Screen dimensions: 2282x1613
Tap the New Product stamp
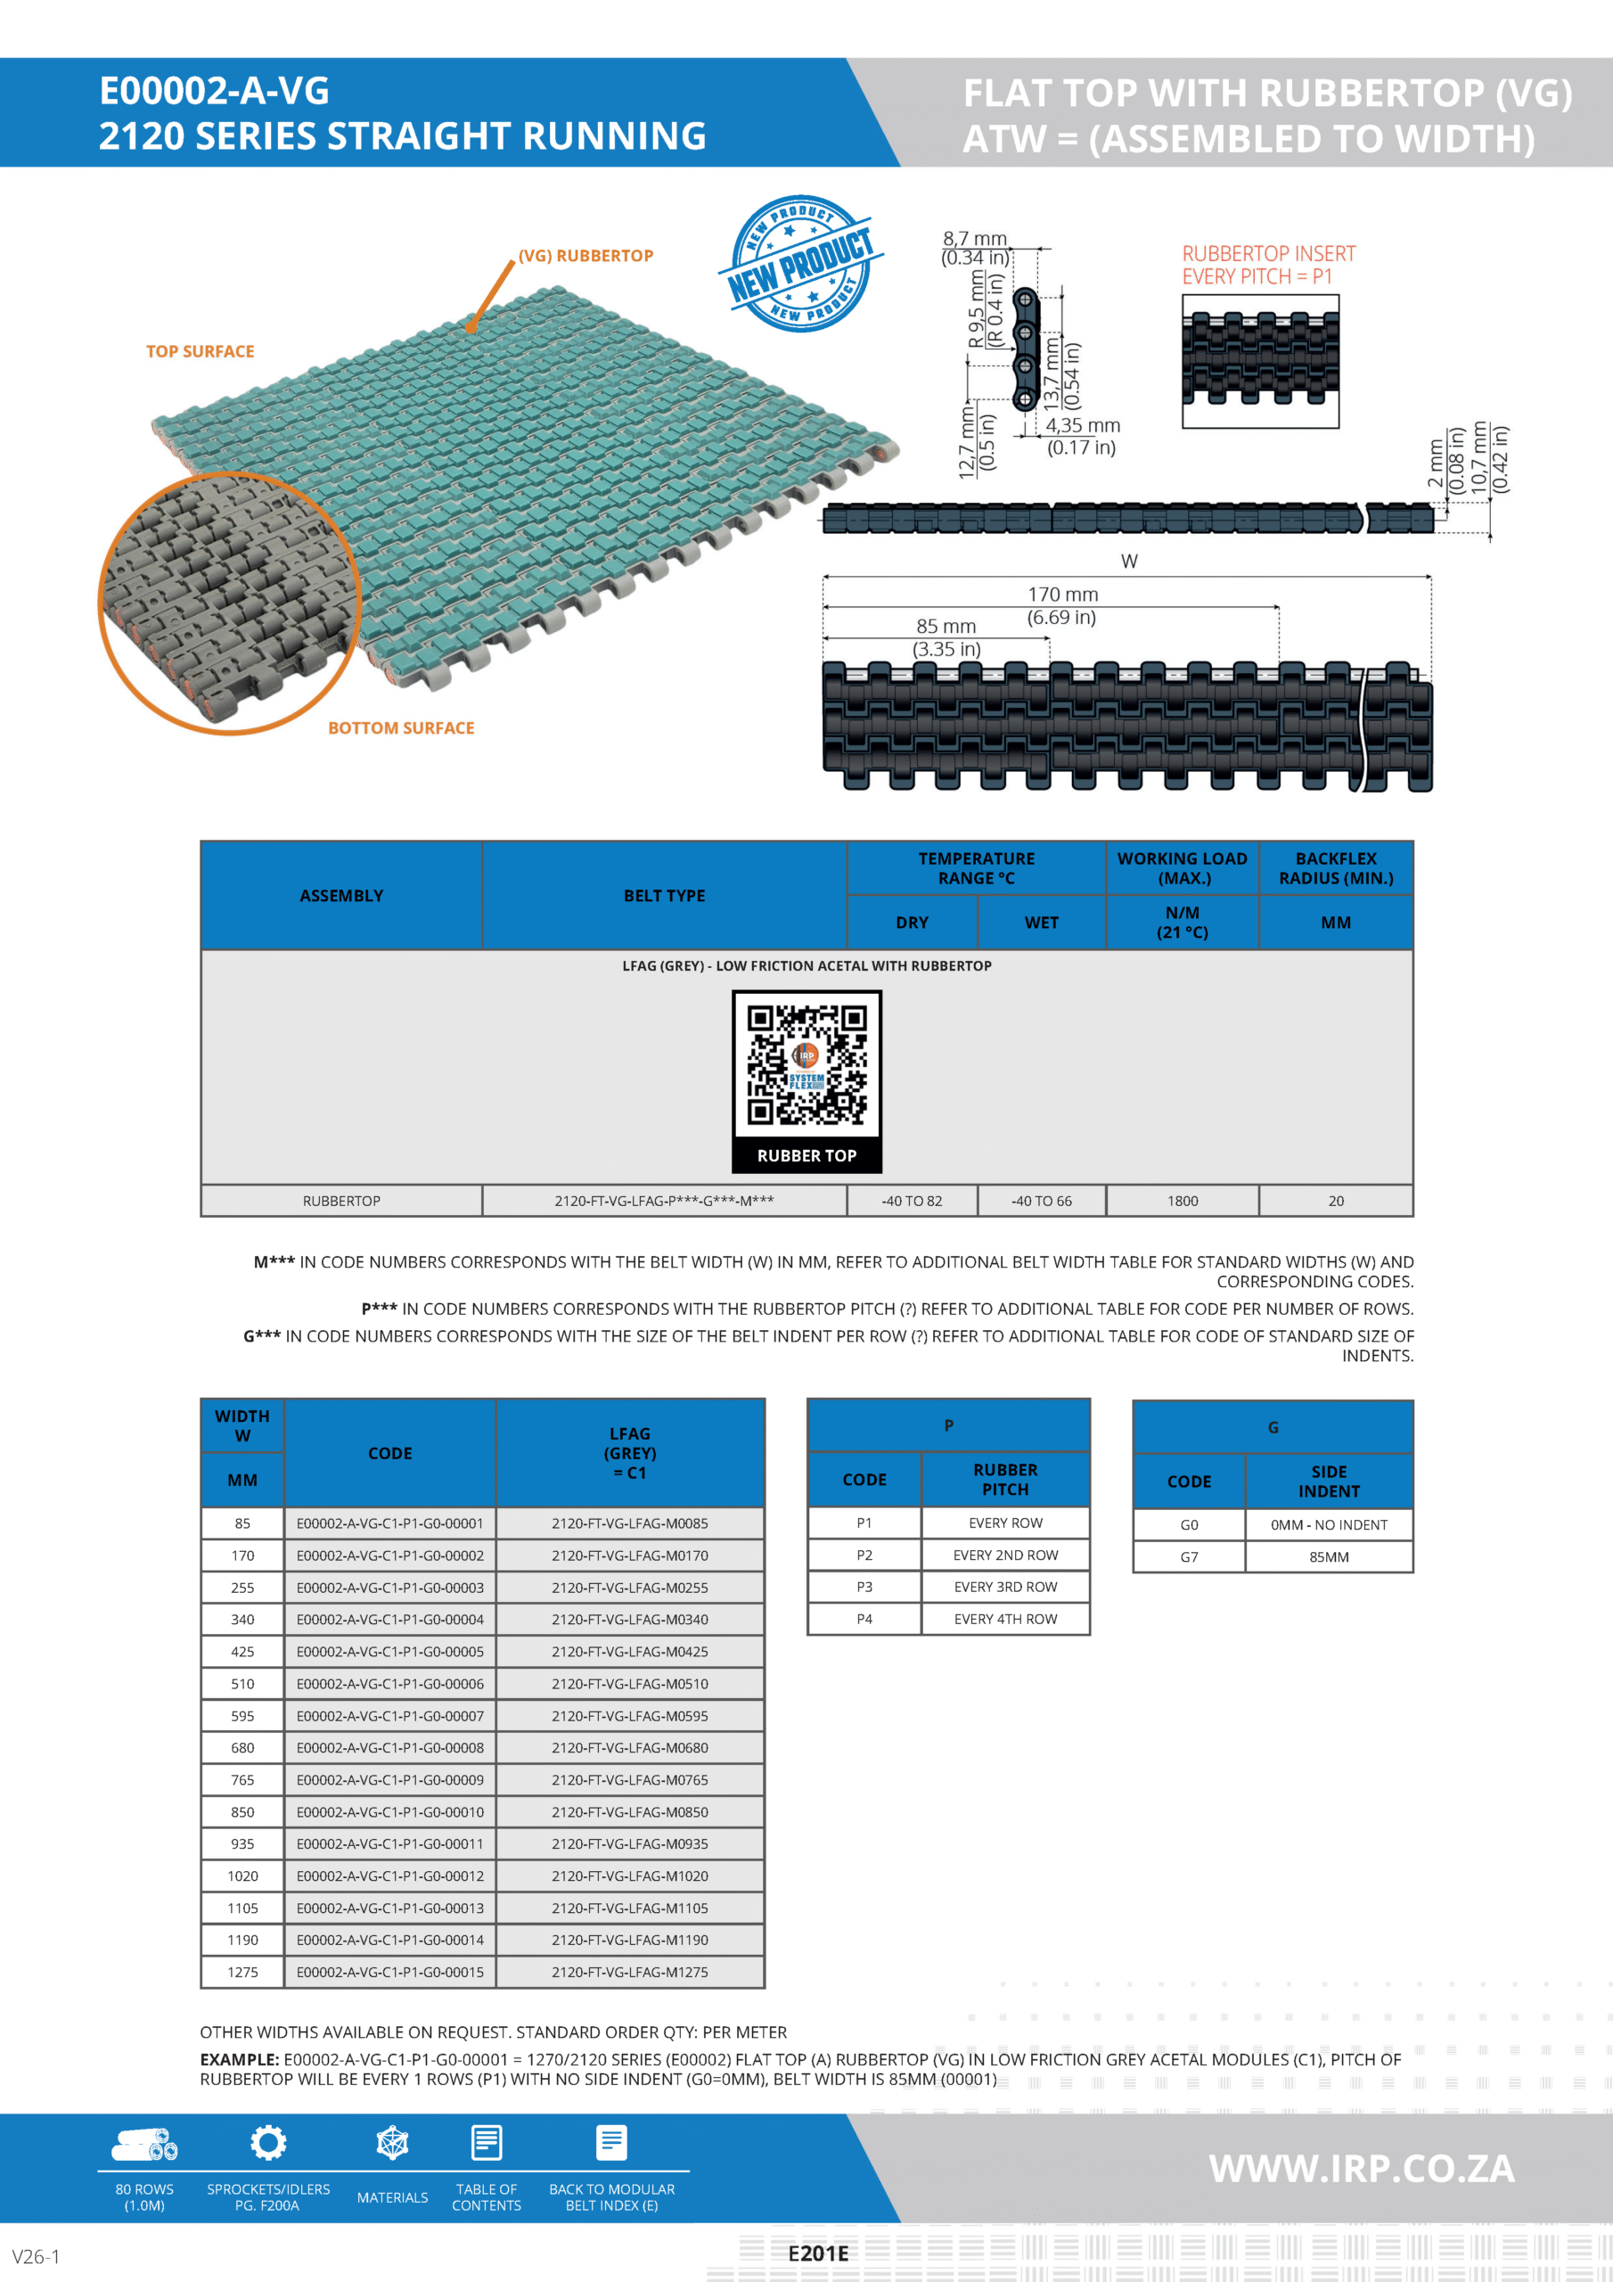tap(801, 263)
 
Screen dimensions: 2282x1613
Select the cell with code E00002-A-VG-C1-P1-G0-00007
tap(389, 1715)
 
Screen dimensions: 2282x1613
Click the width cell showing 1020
tap(242, 1876)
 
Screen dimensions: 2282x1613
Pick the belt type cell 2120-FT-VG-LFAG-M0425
tap(630, 1651)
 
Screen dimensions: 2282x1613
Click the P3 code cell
tap(864, 1587)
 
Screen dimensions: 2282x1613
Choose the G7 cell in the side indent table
tap(1189, 1556)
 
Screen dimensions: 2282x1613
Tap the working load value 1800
tap(1182, 1201)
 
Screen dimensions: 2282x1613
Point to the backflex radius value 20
tap(1336, 1201)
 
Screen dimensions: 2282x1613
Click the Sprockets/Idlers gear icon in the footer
tap(268, 2142)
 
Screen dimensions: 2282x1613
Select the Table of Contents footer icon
tap(486, 2142)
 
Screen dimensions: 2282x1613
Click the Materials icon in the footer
tap(393, 2142)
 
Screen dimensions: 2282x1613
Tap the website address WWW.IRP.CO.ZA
tap(1362, 2169)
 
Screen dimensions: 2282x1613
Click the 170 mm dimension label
tap(1062, 595)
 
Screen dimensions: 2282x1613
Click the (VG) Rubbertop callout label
tap(585, 256)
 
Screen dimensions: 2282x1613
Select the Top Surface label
tap(200, 352)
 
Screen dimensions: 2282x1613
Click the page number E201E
tap(818, 2253)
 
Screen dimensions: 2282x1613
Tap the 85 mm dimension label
tap(946, 626)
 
